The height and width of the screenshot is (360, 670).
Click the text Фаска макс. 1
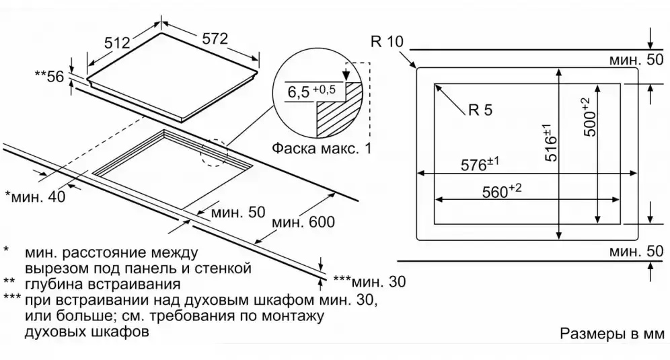point(322,148)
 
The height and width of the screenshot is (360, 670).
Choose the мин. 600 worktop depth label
point(303,221)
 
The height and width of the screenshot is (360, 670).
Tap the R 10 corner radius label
point(386,42)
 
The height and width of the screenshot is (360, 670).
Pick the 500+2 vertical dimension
point(589,118)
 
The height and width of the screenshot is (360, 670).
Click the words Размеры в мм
point(611,334)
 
